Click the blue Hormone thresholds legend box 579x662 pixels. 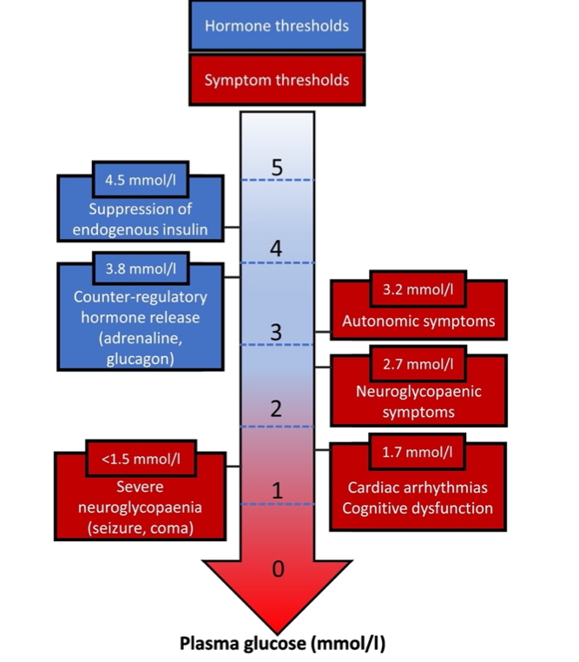click(x=276, y=26)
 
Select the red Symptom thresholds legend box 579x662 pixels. click(x=276, y=80)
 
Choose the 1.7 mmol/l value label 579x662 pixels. click(x=417, y=453)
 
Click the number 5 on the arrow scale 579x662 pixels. click(x=277, y=167)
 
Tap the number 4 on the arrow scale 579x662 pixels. click(x=277, y=248)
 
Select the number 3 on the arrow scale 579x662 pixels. click(x=277, y=332)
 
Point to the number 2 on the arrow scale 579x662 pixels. click(x=277, y=409)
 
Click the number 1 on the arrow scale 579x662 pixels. click(x=277, y=491)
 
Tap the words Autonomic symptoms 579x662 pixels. click(x=418, y=321)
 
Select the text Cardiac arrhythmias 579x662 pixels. click(x=418, y=487)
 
